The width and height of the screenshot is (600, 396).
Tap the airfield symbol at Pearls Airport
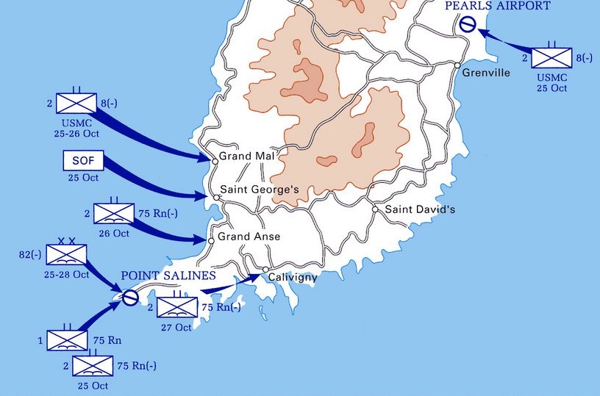(x=466, y=24)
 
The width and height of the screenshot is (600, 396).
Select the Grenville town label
(x=485, y=73)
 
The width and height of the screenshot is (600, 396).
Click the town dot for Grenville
(x=457, y=66)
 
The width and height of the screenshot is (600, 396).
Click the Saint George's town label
(x=260, y=190)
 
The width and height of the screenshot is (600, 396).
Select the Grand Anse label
(x=249, y=238)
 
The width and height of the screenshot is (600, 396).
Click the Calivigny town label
(x=293, y=278)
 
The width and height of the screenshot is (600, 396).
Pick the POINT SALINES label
(x=168, y=276)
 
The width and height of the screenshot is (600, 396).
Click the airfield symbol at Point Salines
(x=129, y=298)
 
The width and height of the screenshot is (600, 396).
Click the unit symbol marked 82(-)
(x=66, y=256)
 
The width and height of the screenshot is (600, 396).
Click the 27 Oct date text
(x=176, y=328)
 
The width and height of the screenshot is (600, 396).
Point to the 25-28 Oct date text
(x=67, y=275)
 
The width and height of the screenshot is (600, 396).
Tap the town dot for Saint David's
(x=375, y=209)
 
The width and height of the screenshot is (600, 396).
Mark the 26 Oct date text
(x=114, y=234)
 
